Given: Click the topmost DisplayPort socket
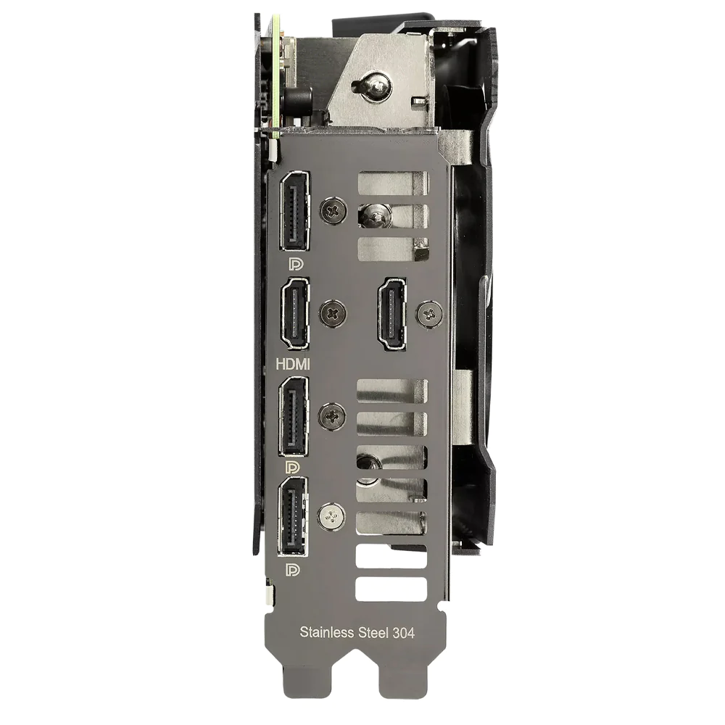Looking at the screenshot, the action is pos(294,210).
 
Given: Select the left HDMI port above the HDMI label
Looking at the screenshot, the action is pos(294,313).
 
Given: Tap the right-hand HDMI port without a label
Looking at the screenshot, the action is pos(392,313).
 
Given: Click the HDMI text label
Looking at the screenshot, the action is pos(293,365).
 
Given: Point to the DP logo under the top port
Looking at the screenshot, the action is pos(296,264).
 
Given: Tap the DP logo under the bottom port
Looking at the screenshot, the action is pos(292,570).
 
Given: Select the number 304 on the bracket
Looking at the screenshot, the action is pos(403,633).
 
